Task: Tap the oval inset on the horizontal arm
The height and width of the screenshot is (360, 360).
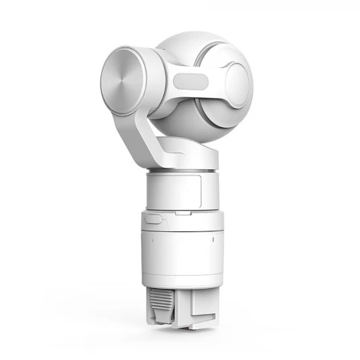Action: tap(191, 82)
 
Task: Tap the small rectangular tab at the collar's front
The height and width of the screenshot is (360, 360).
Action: tap(153, 218)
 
